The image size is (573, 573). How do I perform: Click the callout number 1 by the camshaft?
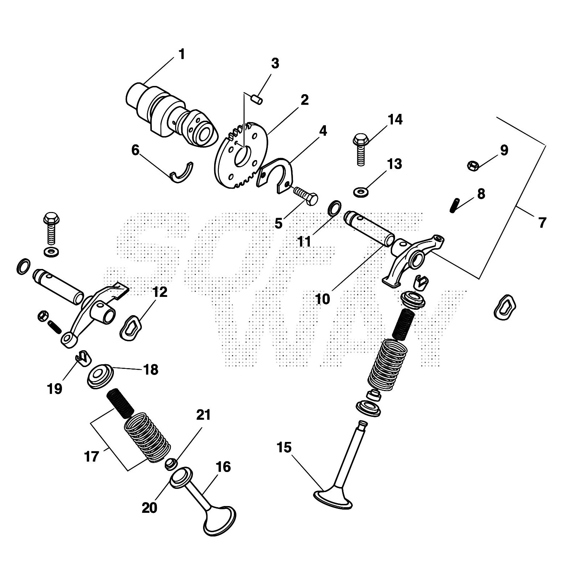(x=182, y=55)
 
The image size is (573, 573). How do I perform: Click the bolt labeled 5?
(x=306, y=196)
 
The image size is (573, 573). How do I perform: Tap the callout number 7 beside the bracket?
(x=542, y=223)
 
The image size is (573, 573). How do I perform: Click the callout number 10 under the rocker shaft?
(x=323, y=299)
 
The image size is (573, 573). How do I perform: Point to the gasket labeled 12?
(x=130, y=327)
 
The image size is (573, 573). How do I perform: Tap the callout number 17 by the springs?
(x=91, y=457)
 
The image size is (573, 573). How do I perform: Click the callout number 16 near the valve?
(x=223, y=467)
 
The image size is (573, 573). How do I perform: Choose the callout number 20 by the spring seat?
(x=149, y=507)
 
